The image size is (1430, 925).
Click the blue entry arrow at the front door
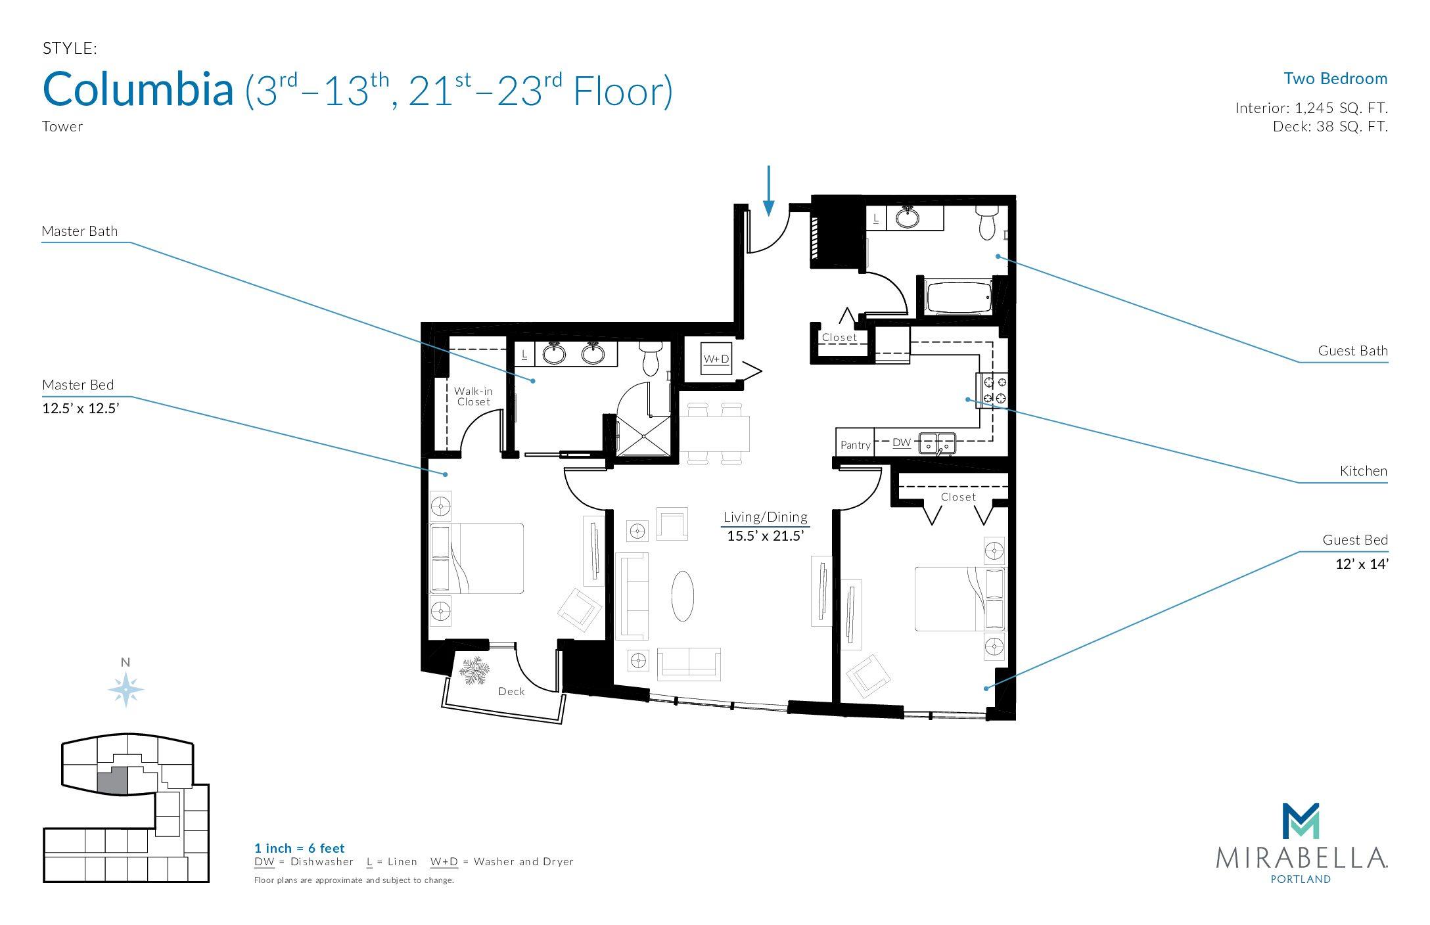click(x=768, y=191)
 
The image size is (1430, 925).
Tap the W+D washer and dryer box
click(x=716, y=359)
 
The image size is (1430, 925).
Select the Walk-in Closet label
click(x=473, y=396)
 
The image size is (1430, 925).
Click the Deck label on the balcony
click(x=511, y=691)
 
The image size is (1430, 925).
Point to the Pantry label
click(x=855, y=445)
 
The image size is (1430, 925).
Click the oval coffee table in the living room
click(x=683, y=595)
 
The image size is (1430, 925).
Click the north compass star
click(x=126, y=690)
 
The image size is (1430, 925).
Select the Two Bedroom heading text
click(x=1335, y=79)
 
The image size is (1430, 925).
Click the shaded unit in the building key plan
click(x=112, y=781)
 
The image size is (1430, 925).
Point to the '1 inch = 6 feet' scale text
click(x=300, y=848)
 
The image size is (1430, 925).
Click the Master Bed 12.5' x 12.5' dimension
click(x=80, y=409)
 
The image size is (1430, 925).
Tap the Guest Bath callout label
click(x=1353, y=351)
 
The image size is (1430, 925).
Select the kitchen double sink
click(x=937, y=443)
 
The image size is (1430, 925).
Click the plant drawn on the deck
click(x=474, y=671)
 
